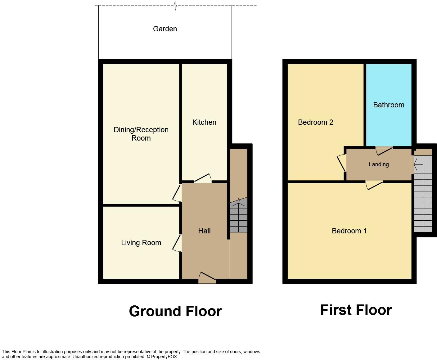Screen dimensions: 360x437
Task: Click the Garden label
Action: click(165, 29)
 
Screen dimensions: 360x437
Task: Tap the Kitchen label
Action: click(204, 122)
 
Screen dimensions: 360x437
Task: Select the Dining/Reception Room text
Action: click(141, 134)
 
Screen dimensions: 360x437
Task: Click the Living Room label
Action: click(141, 243)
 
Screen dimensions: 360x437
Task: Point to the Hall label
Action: click(204, 231)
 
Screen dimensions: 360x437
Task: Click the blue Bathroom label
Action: click(389, 105)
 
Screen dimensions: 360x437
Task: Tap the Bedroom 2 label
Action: click(315, 122)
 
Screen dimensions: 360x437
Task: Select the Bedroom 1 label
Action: click(349, 231)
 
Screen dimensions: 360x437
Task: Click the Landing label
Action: click(379, 164)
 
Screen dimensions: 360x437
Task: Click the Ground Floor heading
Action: click(175, 311)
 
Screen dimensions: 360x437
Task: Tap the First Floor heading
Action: click(356, 310)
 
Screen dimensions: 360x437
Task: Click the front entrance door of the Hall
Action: click(207, 278)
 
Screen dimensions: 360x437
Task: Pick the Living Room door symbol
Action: click(177, 243)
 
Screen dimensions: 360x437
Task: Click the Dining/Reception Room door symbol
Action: click(177, 193)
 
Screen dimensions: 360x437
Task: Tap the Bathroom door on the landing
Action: click(384, 151)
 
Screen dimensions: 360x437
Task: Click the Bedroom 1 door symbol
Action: click(374, 185)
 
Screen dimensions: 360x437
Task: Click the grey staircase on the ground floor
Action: click(238, 217)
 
